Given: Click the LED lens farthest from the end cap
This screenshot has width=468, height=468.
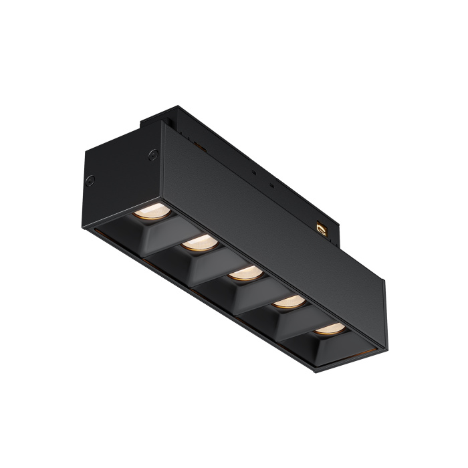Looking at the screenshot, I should coord(329,328).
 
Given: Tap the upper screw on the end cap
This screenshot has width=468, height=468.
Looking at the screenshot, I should coord(153,154).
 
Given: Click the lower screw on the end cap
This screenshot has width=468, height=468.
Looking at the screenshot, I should coord(90,179).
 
